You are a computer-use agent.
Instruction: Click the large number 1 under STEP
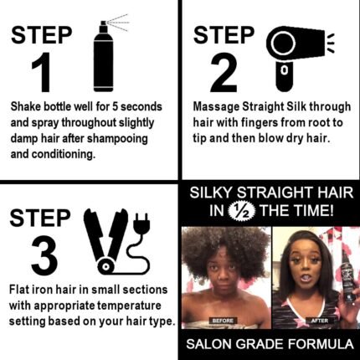(42, 72)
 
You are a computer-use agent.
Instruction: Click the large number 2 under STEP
(224, 72)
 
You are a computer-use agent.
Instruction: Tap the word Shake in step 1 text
(28, 109)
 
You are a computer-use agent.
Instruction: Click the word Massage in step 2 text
(217, 109)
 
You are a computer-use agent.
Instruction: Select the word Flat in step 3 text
(21, 289)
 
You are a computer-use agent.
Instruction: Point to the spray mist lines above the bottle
(120, 21)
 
